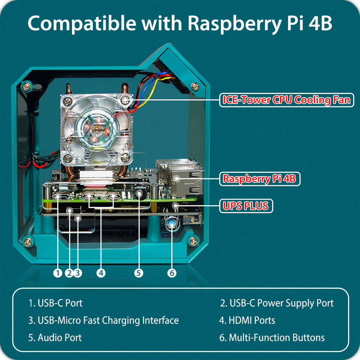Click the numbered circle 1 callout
[58, 273]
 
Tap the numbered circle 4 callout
[101, 273]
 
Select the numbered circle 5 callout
[138, 273]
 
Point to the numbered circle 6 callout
[172, 273]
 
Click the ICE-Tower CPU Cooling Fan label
[286, 100]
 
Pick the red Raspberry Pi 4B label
[259, 179]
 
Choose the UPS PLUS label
[246, 206]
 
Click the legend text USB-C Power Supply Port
[277, 303]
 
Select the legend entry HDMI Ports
[247, 320]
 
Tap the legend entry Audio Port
[55, 338]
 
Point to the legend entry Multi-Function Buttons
[272, 338]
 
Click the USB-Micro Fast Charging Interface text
[104, 320]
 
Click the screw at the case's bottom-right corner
[194, 241]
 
